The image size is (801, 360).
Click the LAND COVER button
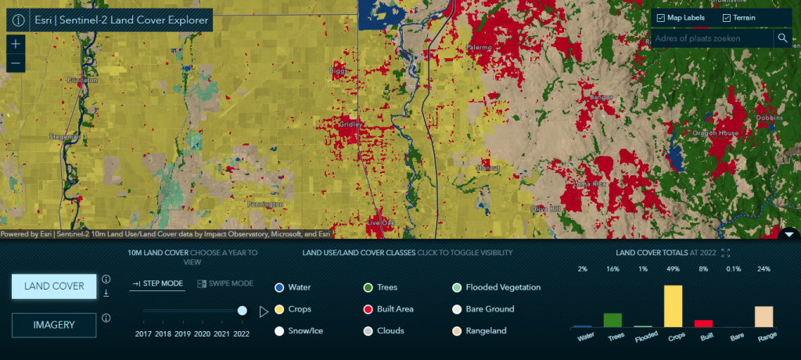[x=53, y=286]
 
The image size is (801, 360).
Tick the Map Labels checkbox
[x=661, y=18]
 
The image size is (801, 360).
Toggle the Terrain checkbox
[x=727, y=18]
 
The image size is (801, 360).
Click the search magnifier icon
[x=781, y=38]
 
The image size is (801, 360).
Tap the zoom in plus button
[x=16, y=45]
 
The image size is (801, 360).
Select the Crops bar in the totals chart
[x=673, y=305]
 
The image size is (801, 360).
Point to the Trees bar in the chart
[x=612, y=319]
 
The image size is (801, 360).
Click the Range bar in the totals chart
[x=763, y=315]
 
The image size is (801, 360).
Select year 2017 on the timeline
[x=143, y=333]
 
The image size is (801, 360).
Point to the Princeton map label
[x=82, y=80]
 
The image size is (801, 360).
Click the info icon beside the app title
[x=19, y=20]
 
